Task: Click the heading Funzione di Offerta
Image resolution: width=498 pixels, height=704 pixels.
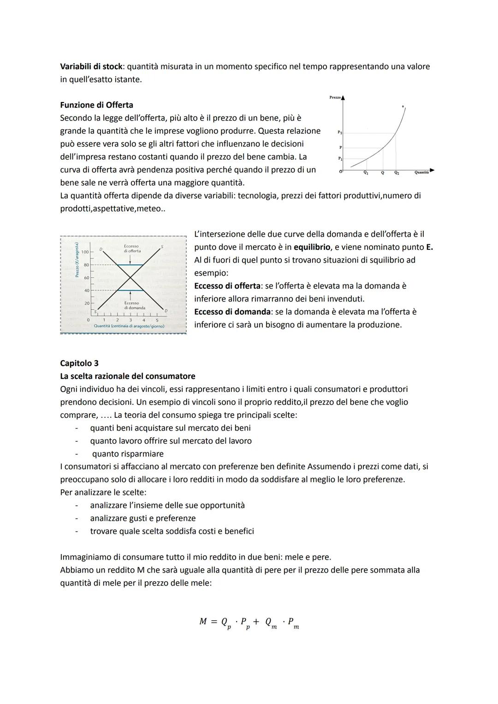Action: click(96, 105)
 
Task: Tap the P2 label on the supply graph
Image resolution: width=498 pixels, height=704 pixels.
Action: click(339, 132)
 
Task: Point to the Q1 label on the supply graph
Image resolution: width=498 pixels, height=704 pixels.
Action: click(366, 173)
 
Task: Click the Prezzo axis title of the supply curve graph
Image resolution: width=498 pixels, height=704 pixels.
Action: click(335, 97)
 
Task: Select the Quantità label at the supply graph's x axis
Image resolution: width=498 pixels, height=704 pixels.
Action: click(421, 172)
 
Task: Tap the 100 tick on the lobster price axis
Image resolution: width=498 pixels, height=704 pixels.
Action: click(85, 252)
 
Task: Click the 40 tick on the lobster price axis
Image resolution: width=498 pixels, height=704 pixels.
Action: click(86, 290)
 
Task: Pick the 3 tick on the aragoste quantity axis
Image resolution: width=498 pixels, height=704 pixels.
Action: click(130, 319)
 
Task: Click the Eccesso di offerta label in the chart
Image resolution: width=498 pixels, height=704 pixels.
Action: click(131, 248)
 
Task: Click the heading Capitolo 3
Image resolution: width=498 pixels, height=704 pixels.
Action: click(79, 363)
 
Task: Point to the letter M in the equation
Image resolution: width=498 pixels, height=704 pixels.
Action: click(203, 621)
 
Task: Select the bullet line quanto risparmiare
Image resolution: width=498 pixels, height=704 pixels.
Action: click(128, 454)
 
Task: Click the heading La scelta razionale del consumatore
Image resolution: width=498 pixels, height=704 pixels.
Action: click(127, 376)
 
